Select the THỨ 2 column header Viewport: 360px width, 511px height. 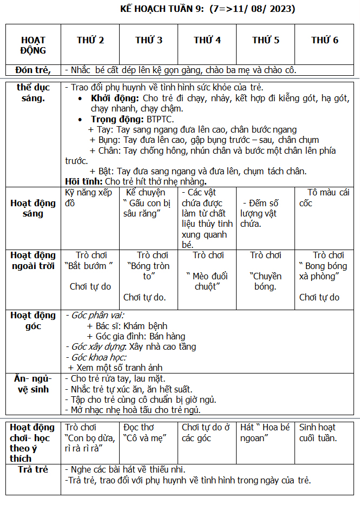[x=90, y=40]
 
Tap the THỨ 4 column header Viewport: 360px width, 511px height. [x=207, y=40]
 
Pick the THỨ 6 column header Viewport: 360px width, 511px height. [x=325, y=40]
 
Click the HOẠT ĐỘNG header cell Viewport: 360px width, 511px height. [x=34, y=45]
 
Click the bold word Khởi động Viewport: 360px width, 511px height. [x=116, y=98]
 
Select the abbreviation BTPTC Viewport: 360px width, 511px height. [x=160, y=119]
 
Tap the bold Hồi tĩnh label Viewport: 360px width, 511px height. [x=83, y=181]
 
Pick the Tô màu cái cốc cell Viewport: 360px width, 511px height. [x=324, y=198]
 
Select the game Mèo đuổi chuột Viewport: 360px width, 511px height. [x=207, y=281]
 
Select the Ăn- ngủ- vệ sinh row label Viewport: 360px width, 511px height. [x=33, y=384]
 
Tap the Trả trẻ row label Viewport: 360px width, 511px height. [x=34, y=469]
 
